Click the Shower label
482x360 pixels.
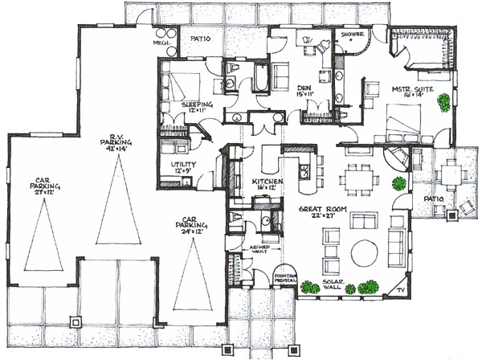coord(353,35)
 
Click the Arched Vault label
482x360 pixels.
coord(257,251)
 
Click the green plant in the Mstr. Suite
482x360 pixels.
coord(443,103)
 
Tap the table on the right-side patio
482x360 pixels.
coord(452,172)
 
